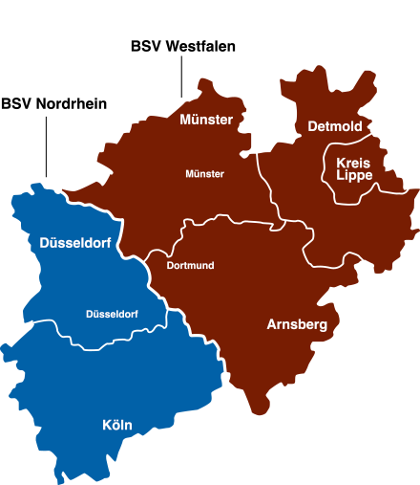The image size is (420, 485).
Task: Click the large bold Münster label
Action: (x=206, y=120)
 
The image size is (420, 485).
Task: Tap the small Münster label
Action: (x=204, y=174)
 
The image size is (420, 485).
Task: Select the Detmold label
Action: (x=334, y=126)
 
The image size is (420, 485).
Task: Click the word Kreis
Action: (x=354, y=163)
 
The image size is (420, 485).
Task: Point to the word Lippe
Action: (x=354, y=175)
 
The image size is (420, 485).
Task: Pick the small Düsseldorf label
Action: (x=112, y=314)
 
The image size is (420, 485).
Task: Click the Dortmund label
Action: (x=190, y=265)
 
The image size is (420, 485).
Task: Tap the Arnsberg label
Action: (x=297, y=325)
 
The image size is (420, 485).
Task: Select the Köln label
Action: (x=117, y=425)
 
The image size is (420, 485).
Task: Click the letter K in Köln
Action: (x=107, y=425)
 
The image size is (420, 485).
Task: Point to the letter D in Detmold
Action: (x=312, y=126)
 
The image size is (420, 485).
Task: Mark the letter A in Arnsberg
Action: (x=272, y=325)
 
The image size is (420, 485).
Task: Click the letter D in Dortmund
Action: (x=170, y=265)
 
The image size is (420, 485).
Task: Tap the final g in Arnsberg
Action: (x=323, y=327)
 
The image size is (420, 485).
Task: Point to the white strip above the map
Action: (x=210, y=19)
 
